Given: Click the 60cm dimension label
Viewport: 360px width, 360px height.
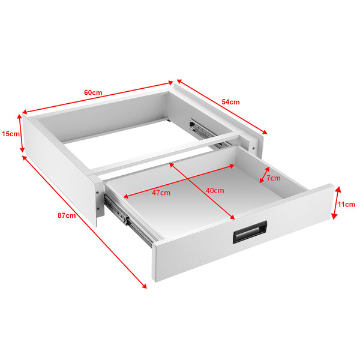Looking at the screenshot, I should coord(92,92).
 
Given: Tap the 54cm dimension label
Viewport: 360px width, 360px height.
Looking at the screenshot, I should coord(230,102).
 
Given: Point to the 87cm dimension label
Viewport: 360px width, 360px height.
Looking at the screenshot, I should coord(67,215).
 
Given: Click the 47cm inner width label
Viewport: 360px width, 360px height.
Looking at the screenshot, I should coord(161,193).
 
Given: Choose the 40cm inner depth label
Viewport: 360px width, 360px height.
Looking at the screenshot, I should coord(214,190).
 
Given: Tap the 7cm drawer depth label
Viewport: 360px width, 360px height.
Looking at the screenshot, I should coord(273,178).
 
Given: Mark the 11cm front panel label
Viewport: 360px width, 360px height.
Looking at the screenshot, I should coord(346,204).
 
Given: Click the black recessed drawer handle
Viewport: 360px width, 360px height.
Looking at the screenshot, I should coord(250,232).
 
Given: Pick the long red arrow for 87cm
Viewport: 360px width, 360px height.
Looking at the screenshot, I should coord(84,223).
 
